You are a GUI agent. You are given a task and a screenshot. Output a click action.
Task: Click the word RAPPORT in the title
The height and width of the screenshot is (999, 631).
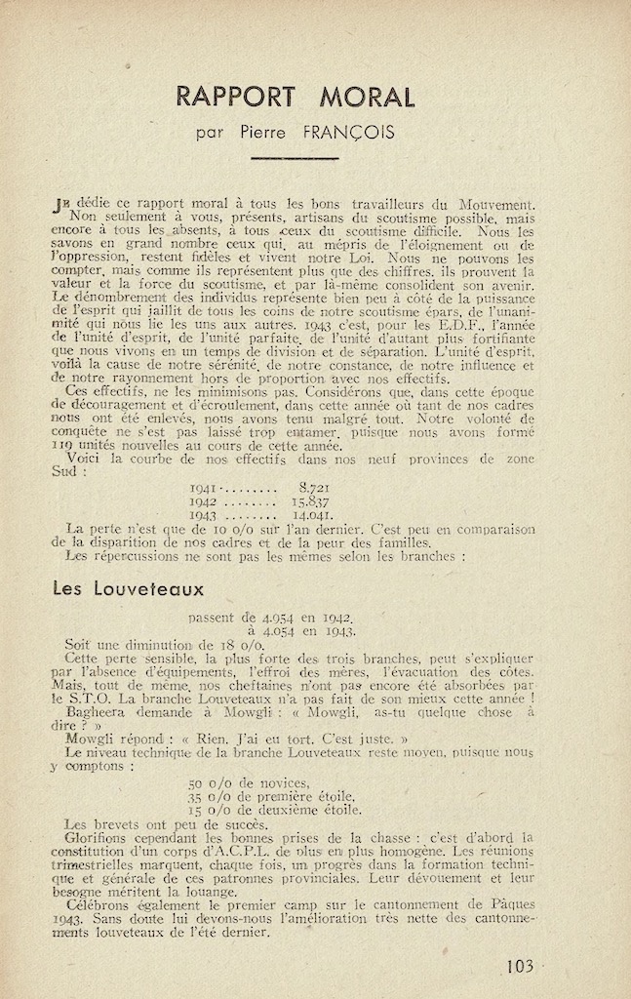236,97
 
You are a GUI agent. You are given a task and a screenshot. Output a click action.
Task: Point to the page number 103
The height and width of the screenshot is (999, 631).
520,967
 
